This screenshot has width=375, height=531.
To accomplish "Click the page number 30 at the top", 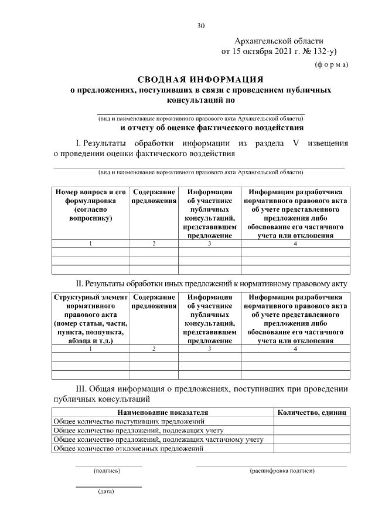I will tap(201, 25).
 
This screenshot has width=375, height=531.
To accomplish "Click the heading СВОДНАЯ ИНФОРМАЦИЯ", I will tap(200, 79).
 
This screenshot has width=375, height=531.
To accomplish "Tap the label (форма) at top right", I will tap(331, 64).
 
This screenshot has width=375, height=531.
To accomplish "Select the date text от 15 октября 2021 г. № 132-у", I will tap(278, 52).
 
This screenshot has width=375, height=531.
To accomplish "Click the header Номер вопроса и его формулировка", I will tap(91, 205).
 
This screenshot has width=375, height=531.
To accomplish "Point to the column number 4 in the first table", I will tap(295, 243).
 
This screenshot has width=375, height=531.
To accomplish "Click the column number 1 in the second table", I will tap(91, 349).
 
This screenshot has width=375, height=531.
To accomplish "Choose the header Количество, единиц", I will tap(312, 412).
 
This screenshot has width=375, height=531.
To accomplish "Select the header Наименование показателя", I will tap(163, 412).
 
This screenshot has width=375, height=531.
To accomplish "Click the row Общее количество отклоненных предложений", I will tap(128, 448).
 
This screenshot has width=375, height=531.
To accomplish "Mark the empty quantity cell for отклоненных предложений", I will tap(312, 448).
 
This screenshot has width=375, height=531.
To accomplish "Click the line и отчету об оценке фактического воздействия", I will tap(212, 127).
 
